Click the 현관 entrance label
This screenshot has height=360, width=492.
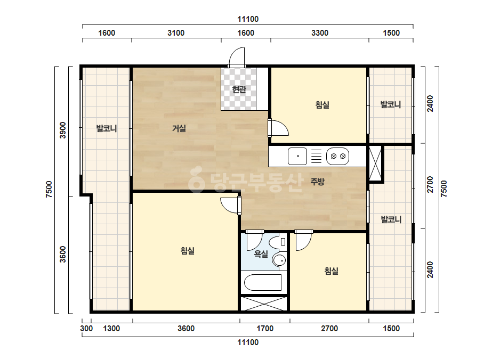(x=239, y=89)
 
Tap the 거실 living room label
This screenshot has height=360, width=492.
(x=179, y=128)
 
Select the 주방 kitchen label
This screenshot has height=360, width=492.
(x=317, y=182)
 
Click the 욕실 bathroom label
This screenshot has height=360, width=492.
(x=261, y=253)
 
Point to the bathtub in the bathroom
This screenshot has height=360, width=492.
(x=263, y=283)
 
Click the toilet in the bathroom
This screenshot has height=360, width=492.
(x=279, y=242)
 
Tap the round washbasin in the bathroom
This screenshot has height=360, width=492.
(x=279, y=260)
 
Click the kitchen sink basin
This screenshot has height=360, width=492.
(x=297, y=156)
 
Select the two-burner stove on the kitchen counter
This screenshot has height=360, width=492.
(x=337, y=156)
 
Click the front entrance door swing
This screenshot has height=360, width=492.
(x=237, y=57)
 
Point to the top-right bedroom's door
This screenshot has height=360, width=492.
(x=278, y=128)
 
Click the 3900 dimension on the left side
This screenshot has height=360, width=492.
(x=63, y=130)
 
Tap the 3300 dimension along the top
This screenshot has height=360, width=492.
(x=320, y=33)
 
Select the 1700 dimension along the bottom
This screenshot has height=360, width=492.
(x=265, y=329)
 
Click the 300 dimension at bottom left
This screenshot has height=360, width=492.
(x=86, y=329)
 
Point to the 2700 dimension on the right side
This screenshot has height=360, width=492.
(x=430, y=185)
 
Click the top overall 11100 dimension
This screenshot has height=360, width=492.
(x=248, y=19)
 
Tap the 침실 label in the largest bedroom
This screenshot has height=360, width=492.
(x=187, y=251)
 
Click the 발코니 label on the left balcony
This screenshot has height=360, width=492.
(x=107, y=128)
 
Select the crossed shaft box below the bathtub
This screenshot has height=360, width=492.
(x=263, y=304)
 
